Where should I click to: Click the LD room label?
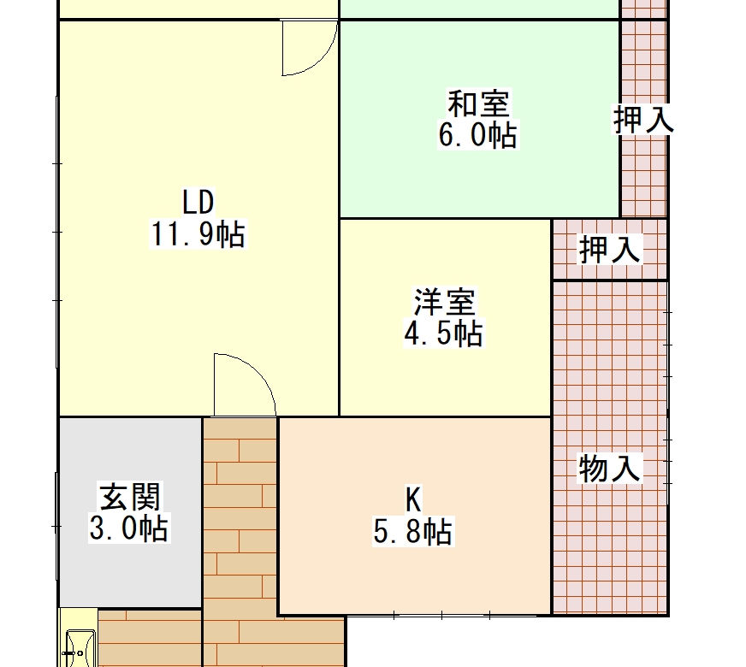[198, 202]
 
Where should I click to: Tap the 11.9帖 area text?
[198, 234]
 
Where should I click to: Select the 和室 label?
[478, 103]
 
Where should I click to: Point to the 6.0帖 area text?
[477, 135]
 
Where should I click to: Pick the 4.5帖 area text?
[443, 333]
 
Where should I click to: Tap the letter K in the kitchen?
[413, 499]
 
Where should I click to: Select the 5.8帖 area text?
[413, 531]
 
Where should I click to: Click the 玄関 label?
[129, 496]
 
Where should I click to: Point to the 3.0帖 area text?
[129, 528]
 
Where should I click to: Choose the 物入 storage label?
[609, 468]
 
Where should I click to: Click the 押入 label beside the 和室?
[643, 120]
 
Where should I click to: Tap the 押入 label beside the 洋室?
[609, 249]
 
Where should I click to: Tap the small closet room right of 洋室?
[609, 249]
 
